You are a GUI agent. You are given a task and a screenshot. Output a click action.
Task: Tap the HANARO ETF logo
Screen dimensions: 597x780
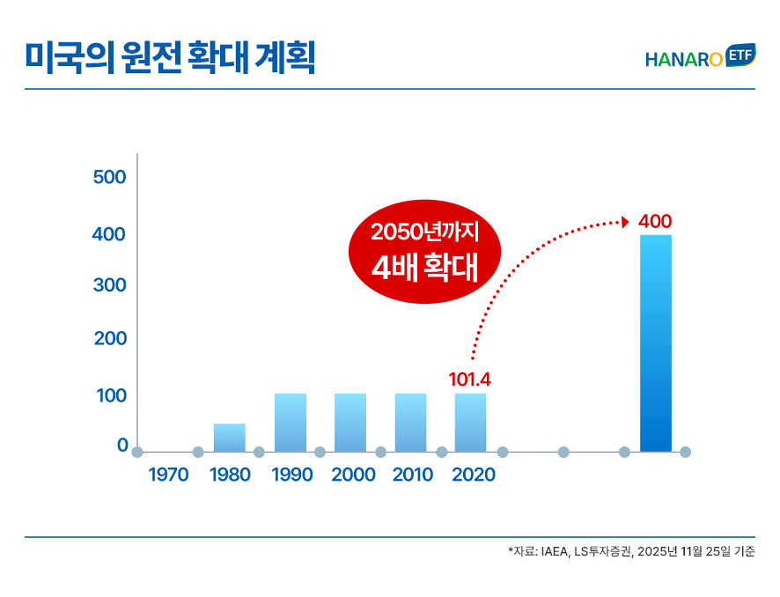click(700, 57)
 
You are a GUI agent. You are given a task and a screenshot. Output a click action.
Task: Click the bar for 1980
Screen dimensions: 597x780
click(229, 438)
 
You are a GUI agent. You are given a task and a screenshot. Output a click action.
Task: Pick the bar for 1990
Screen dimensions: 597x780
click(290, 423)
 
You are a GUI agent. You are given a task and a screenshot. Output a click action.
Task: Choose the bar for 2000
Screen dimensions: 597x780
click(350, 423)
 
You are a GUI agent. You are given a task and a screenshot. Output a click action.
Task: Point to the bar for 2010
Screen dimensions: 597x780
click(410, 423)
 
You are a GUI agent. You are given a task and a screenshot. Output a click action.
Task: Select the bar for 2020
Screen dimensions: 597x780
click(470, 423)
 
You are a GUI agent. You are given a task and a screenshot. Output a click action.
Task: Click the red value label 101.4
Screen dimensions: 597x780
click(469, 380)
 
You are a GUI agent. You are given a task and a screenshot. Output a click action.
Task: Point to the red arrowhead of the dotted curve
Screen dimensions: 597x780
click(625, 222)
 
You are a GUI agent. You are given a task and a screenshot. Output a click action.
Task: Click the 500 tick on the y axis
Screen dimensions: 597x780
click(110, 177)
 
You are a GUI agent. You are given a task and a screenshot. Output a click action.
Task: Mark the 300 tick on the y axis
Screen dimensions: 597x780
click(110, 285)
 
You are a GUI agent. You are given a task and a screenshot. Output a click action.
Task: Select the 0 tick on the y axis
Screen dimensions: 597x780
click(122, 446)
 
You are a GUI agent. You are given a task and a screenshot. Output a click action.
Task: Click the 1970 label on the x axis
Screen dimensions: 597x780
click(168, 475)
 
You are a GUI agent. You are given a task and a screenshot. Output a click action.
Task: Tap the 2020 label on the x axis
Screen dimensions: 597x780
click(474, 475)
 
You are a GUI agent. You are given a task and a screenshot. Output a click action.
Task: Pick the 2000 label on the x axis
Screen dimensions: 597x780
click(353, 475)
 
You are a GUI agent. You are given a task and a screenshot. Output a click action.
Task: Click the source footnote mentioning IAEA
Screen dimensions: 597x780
click(630, 552)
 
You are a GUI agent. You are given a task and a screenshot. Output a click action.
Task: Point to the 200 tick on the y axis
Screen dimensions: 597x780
click(110, 338)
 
